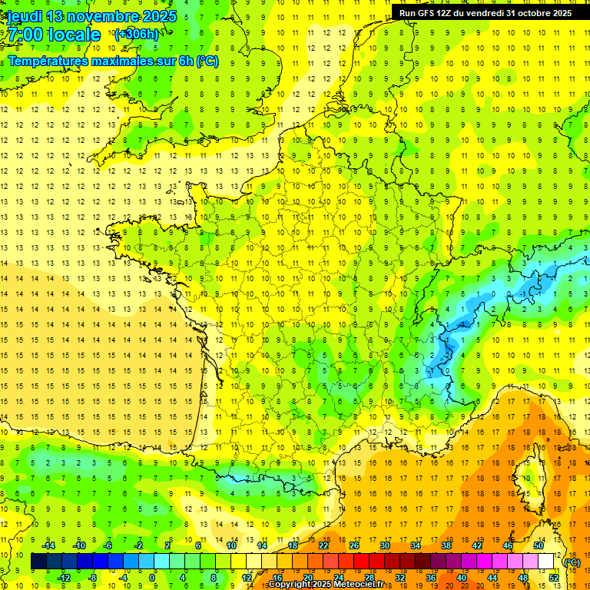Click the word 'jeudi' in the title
[x=24, y=16]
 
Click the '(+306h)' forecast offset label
[x=136, y=34]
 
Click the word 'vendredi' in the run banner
[x=482, y=13]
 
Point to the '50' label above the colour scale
[x=538, y=545]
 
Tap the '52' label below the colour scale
[x=553, y=577]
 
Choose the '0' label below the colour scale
[x=152, y=577]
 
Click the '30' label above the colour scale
[x=384, y=545]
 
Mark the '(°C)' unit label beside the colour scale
[x=572, y=562]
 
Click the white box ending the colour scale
[x=545, y=562]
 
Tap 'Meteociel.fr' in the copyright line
[x=359, y=585]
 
